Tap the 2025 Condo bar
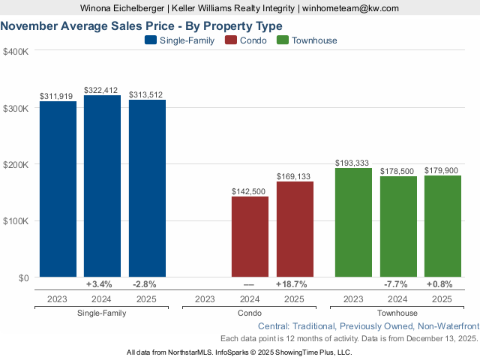click(x=295, y=229)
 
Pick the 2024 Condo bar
click(x=250, y=237)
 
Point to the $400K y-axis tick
click(x=16, y=52)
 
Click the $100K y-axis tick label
click(x=16, y=221)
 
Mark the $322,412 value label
click(x=102, y=90)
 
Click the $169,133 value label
click(x=295, y=177)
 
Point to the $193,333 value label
click(x=354, y=163)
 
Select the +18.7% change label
click(x=295, y=285)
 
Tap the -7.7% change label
click(x=398, y=285)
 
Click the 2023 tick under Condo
click(x=205, y=299)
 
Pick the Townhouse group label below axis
click(x=398, y=313)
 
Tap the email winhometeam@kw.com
click(x=352, y=8)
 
